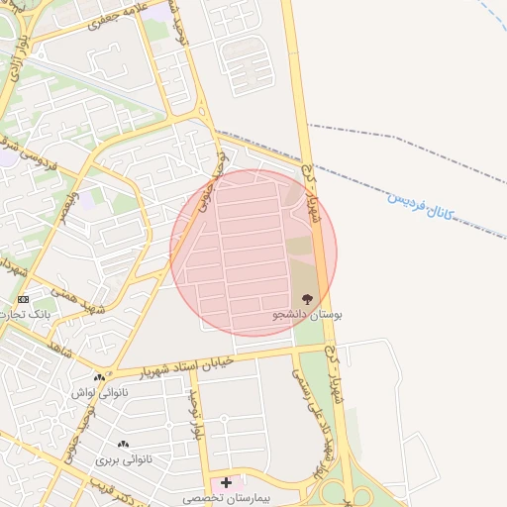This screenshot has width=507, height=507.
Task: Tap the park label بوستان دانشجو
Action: point(308,314)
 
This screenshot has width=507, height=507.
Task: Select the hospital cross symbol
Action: point(227,482)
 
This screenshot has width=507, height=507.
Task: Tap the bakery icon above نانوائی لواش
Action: point(99,377)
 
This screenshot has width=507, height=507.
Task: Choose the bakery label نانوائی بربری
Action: point(121,460)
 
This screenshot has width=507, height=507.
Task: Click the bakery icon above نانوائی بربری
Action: point(123,446)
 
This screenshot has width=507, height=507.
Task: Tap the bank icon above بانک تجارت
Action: point(24,298)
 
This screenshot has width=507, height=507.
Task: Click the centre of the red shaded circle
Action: point(253,253)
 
